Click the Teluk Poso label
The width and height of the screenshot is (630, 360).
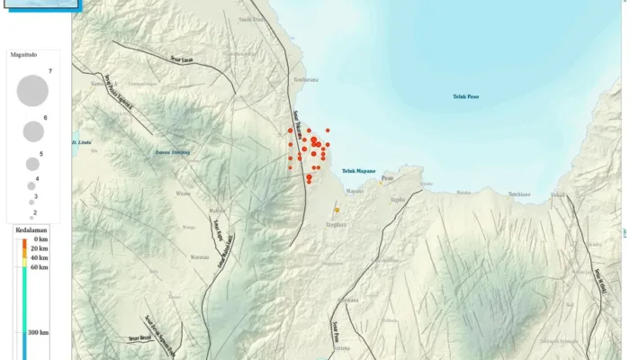[465, 96]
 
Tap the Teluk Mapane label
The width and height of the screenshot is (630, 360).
[358, 170]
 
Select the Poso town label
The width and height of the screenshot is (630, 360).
[387, 178]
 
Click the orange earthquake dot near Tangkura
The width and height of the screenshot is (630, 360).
[337, 210]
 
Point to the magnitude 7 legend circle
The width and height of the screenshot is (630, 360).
[32, 90]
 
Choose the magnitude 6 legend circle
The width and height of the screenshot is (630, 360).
[33, 131]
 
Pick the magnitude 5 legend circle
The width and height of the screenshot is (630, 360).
[32, 164]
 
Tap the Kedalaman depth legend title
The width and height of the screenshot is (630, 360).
[31, 231]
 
